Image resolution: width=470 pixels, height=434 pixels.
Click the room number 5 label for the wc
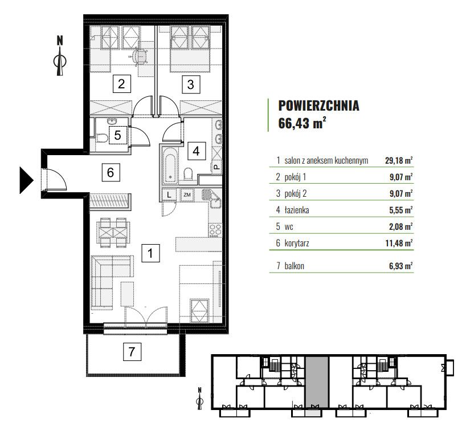point(118,135)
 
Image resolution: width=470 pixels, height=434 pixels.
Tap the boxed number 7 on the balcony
point(132,351)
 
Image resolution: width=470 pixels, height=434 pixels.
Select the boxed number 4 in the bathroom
point(197,151)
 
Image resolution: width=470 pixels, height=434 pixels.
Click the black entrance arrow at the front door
point(26,180)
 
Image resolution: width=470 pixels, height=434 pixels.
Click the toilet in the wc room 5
point(101,139)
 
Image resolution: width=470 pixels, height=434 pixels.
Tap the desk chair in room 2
point(140,56)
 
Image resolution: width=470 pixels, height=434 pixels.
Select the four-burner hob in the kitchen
point(215,230)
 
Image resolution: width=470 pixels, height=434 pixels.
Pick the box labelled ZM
point(187,195)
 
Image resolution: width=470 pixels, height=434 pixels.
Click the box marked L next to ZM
point(169,195)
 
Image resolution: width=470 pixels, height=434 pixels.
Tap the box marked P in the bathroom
point(216,167)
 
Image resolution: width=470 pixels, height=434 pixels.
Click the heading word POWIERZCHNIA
point(318,106)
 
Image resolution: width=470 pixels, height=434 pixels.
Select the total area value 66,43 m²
point(302,123)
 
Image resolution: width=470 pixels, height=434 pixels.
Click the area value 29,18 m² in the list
point(399,161)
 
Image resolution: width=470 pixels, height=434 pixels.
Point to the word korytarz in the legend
point(297,243)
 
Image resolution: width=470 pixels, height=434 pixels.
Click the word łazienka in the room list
point(297,210)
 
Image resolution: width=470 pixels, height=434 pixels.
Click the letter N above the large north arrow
point(60,40)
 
